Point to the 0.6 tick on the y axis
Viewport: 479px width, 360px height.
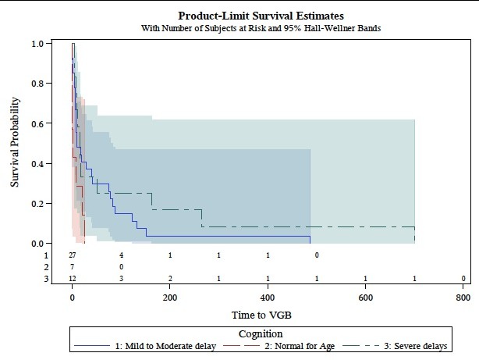pyautogui.click(x=37, y=123)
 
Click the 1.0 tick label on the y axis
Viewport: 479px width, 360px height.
pyautogui.click(x=37, y=44)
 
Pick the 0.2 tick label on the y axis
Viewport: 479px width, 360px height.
pyautogui.click(x=37, y=203)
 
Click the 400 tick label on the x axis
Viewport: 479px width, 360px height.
pyautogui.click(x=268, y=298)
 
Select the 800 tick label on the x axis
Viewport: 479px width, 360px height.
pyautogui.click(x=463, y=298)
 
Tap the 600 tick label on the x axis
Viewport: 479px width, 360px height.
pyautogui.click(x=365, y=298)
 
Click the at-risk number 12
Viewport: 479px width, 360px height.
pyautogui.click(x=72, y=279)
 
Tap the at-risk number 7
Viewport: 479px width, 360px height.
pyautogui.click(x=72, y=267)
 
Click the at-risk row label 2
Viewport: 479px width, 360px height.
pyautogui.click(x=46, y=267)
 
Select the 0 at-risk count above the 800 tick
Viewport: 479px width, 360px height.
pyautogui.click(x=463, y=279)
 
